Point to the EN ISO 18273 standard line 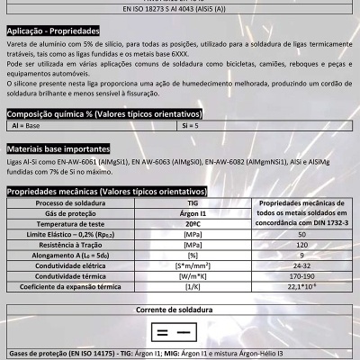pyautogui.click(x=180, y=8)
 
